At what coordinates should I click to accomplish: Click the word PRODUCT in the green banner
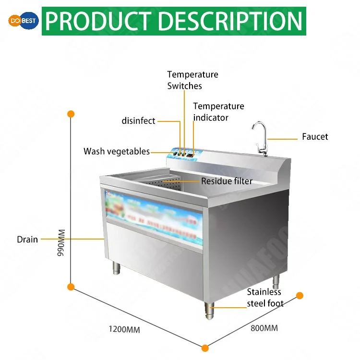point(98,21)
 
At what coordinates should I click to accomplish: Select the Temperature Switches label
point(192,80)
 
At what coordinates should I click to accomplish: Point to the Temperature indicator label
point(218,111)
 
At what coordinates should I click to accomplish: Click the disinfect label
point(138,121)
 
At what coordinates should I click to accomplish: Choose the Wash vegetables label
point(117,152)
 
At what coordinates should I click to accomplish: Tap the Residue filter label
point(227,181)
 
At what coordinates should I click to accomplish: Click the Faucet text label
point(315,137)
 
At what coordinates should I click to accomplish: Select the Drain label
point(27,239)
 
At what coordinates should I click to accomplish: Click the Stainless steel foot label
point(265,298)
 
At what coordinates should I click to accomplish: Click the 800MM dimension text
point(264,328)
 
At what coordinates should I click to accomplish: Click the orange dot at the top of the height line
point(71,114)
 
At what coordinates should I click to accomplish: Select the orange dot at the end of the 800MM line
point(300,295)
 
